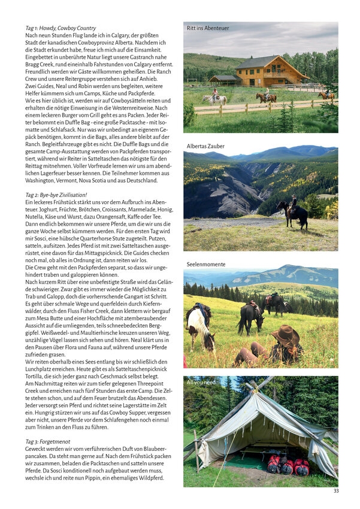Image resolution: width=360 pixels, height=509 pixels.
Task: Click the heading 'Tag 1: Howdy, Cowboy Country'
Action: [60, 28]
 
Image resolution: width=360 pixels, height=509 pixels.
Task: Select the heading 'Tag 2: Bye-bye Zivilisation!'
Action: [56, 195]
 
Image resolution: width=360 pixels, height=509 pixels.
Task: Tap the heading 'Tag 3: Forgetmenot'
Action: [49, 441]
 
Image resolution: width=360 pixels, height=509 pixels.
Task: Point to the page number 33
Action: [336, 491]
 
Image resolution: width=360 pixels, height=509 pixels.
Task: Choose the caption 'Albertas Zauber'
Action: [205, 146]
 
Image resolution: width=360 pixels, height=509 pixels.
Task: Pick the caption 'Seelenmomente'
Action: [206, 263]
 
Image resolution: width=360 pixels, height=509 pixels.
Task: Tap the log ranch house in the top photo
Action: [271, 71]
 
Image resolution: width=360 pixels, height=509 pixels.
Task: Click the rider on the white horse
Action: [215, 96]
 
